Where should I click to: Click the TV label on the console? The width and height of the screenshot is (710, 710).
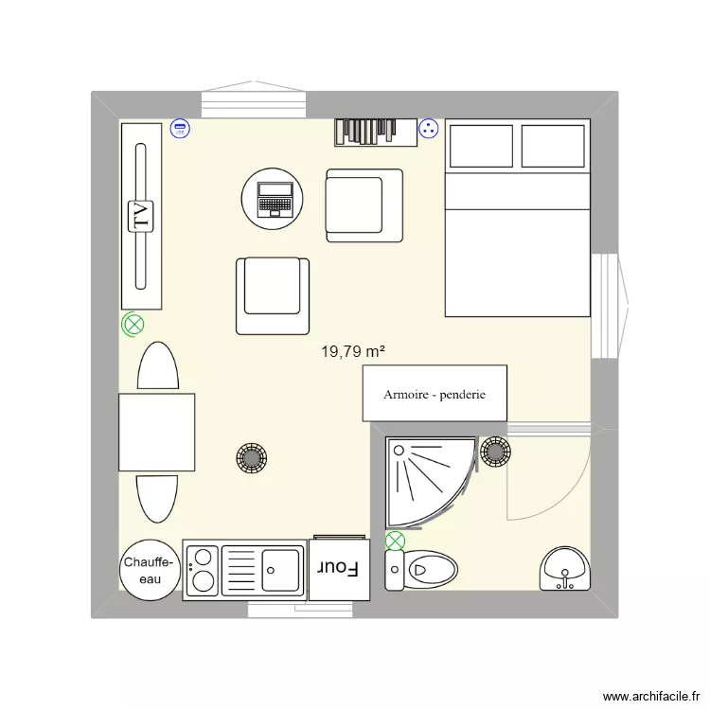[x=140, y=217]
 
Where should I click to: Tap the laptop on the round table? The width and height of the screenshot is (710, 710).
[x=275, y=199]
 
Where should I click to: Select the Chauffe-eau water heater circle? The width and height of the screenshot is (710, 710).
[x=150, y=570]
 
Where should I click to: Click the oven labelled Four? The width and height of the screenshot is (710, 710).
[x=339, y=569]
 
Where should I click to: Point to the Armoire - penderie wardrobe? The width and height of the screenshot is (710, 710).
[x=435, y=394]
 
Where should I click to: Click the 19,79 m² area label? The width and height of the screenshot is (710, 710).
[x=353, y=351]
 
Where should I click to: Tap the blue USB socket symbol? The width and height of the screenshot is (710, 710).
[x=180, y=129]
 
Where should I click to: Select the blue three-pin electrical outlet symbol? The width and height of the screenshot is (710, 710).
[x=428, y=129]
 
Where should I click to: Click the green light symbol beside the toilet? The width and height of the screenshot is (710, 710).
[x=395, y=541]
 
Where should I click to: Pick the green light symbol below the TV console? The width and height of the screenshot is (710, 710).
[x=133, y=324]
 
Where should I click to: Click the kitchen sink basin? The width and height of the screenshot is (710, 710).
[x=281, y=570]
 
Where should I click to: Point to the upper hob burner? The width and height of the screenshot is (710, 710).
[x=203, y=558]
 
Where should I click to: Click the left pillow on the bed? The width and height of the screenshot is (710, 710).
[x=481, y=146]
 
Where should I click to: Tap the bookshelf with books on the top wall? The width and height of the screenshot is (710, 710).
[x=376, y=133]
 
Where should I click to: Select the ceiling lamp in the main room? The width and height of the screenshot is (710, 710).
[x=251, y=458]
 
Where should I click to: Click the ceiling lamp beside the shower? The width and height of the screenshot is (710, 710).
[x=495, y=452]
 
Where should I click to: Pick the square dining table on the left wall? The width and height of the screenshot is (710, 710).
[x=156, y=432]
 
